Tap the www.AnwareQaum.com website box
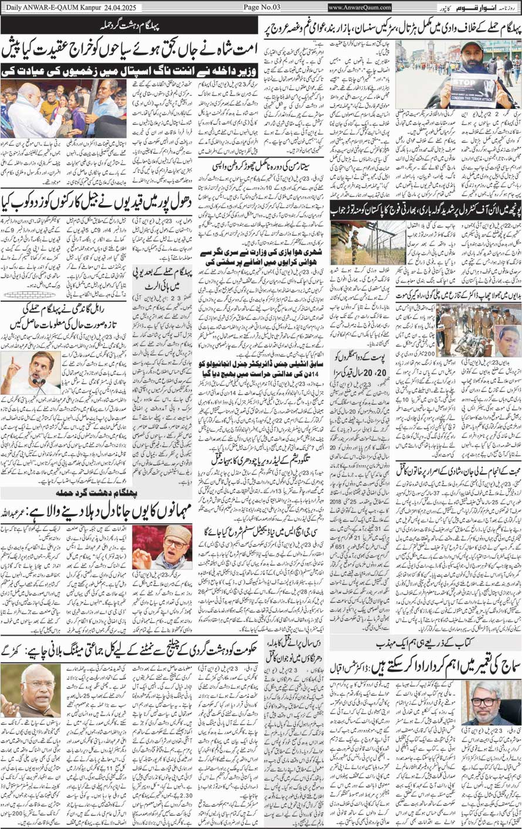coord(360,7)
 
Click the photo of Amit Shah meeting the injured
coord(63,107)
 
